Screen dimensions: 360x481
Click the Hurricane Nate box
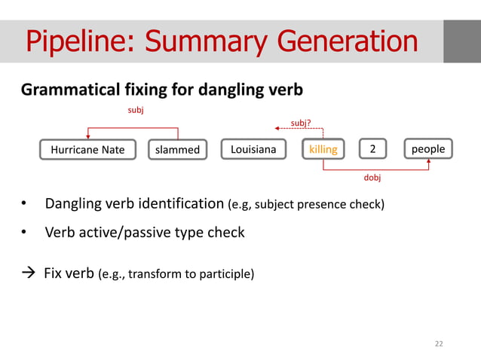pos(87,149)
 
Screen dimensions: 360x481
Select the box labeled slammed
pos(178,149)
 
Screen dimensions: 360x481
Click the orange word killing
pos(323,149)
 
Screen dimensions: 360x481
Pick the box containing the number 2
pos(372,149)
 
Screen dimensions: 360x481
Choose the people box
pos(428,149)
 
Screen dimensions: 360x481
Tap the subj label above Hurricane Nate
pos(133,110)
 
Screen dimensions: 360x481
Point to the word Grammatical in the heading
pos(68,90)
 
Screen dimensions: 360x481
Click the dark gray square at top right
pos(461,41)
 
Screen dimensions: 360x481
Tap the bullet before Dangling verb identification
pos(24,205)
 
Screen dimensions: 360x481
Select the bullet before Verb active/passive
pos(24,233)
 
